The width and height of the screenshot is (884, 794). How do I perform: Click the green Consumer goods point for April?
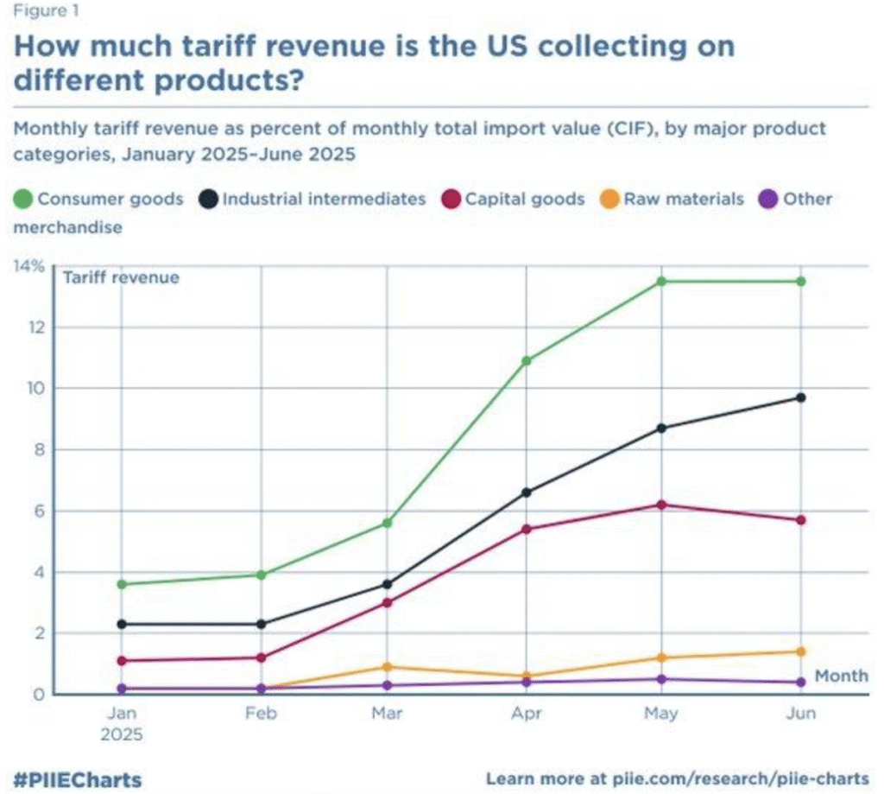[x=526, y=360]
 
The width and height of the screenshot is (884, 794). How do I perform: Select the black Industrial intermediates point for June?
[x=801, y=397]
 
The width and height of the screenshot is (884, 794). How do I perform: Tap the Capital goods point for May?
[x=661, y=505]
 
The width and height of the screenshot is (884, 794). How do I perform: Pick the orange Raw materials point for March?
[x=388, y=667]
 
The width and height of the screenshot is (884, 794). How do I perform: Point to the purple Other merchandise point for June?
[x=801, y=683]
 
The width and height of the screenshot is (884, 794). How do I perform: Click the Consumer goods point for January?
[x=122, y=584]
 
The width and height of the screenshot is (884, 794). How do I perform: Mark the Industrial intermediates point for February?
[x=261, y=624]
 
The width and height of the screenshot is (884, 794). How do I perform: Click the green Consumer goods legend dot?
[x=23, y=200]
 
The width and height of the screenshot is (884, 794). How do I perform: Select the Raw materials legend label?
[x=684, y=199]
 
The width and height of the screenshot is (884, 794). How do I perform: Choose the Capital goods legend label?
[x=525, y=199]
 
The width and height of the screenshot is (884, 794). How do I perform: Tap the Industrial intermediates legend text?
[x=325, y=199]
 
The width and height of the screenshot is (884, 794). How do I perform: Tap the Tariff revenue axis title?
[x=121, y=277]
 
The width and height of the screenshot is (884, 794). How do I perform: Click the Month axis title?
[x=841, y=676]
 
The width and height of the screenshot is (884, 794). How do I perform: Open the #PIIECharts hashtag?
[x=78, y=778]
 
